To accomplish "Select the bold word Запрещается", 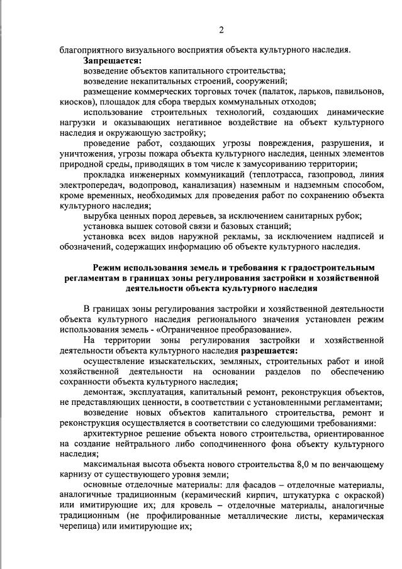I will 112,61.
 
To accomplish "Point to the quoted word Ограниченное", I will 223,329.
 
